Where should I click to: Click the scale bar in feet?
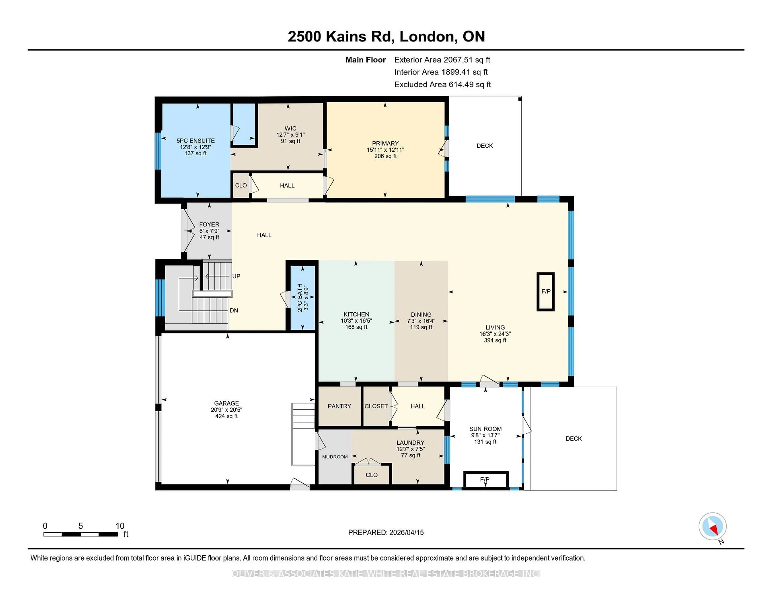coord(81,534)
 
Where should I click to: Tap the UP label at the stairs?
coord(236,276)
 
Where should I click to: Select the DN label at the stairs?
coord(234,311)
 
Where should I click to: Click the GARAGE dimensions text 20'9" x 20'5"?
coord(226,410)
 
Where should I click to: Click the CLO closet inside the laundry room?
coord(372,475)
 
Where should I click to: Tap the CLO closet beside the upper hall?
coord(241,185)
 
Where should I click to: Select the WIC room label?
coord(290,128)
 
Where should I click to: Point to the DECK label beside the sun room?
coord(573,438)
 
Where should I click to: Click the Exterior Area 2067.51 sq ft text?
coord(442,60)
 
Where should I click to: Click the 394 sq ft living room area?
coord(495,340)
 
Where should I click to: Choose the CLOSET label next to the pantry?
coord(376,406)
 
